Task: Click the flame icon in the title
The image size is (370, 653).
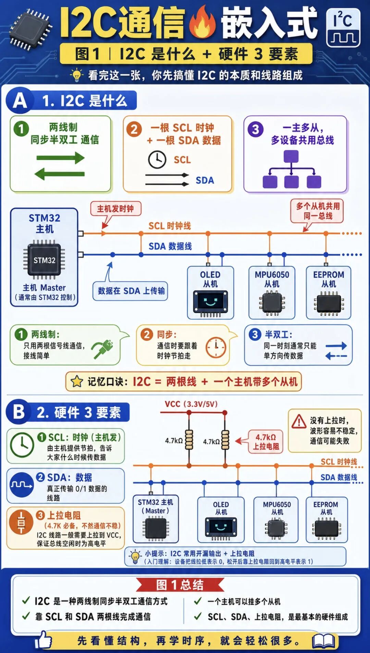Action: (203, 22)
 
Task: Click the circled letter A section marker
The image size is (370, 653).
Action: (20, 101)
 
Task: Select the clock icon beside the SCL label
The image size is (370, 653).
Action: (157, 160)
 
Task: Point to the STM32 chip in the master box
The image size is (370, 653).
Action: (44, 260)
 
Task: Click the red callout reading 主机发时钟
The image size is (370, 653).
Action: (115, 209)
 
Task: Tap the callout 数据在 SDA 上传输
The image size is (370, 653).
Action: (131, 291)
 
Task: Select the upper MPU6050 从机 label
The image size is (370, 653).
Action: (272, 279)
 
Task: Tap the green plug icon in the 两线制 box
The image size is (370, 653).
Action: (102, 349)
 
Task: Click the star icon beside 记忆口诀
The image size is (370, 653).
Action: (76, 381)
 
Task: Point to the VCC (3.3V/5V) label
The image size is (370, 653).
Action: (191, 404)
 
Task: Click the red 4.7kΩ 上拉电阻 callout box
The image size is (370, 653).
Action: (266, 442)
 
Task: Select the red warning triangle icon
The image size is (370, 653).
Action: (299, 421)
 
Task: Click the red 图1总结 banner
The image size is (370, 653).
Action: (180, 585)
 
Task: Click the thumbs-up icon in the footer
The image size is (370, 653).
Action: (43, 639)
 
